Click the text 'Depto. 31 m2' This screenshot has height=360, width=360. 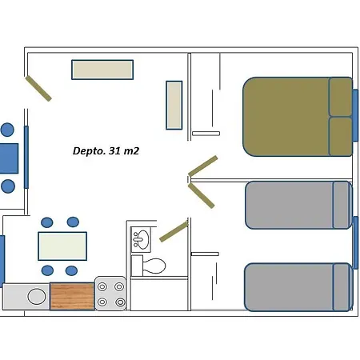point(106,151)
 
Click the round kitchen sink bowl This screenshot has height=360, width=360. point(37,296)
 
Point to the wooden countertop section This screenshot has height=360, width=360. point(72,296)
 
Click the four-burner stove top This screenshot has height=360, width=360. point(110,294)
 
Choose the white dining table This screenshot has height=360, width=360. point(62,246)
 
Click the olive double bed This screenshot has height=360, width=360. point(298,117)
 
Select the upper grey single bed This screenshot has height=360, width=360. point(298,205)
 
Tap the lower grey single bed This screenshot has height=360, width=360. point(298,287)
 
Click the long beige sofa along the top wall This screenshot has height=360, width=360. point(102,70)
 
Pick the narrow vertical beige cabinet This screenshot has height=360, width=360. point(174,105)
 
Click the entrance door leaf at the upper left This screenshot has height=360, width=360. point(38,88)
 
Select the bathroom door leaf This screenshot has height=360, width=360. point(174,232)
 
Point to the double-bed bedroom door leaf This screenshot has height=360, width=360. point(203,166)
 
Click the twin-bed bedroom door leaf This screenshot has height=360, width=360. point(202,195)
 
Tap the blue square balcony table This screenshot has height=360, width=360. point(9,158)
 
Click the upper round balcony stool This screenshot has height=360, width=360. point(7,130)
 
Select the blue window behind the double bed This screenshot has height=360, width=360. point(355,115)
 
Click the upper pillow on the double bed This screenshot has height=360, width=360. point(341,97)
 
